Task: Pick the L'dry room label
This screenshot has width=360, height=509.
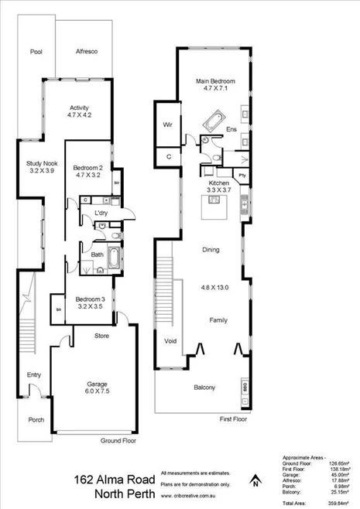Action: tap(101, 213)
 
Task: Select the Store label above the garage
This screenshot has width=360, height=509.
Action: tap(101, 336)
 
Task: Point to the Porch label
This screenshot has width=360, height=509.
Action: tap(36, 420)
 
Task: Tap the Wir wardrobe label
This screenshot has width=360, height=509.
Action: tap(167, 125)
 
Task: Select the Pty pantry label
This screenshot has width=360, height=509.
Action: tap(242, 176)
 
